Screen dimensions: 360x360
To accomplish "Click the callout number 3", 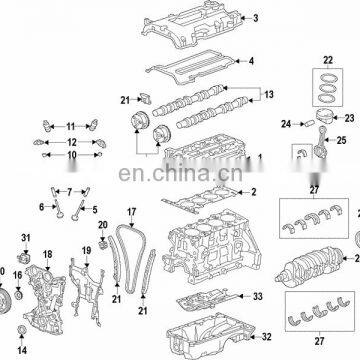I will click(x=255, y=18).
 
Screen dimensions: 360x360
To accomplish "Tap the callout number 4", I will click(x=251, y=61).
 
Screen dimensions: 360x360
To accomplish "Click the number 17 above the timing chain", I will click(x=130, y=212).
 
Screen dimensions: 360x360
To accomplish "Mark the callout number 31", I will click(x=27, y=236).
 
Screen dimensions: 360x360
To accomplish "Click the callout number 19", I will click(x=87, y=249).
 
